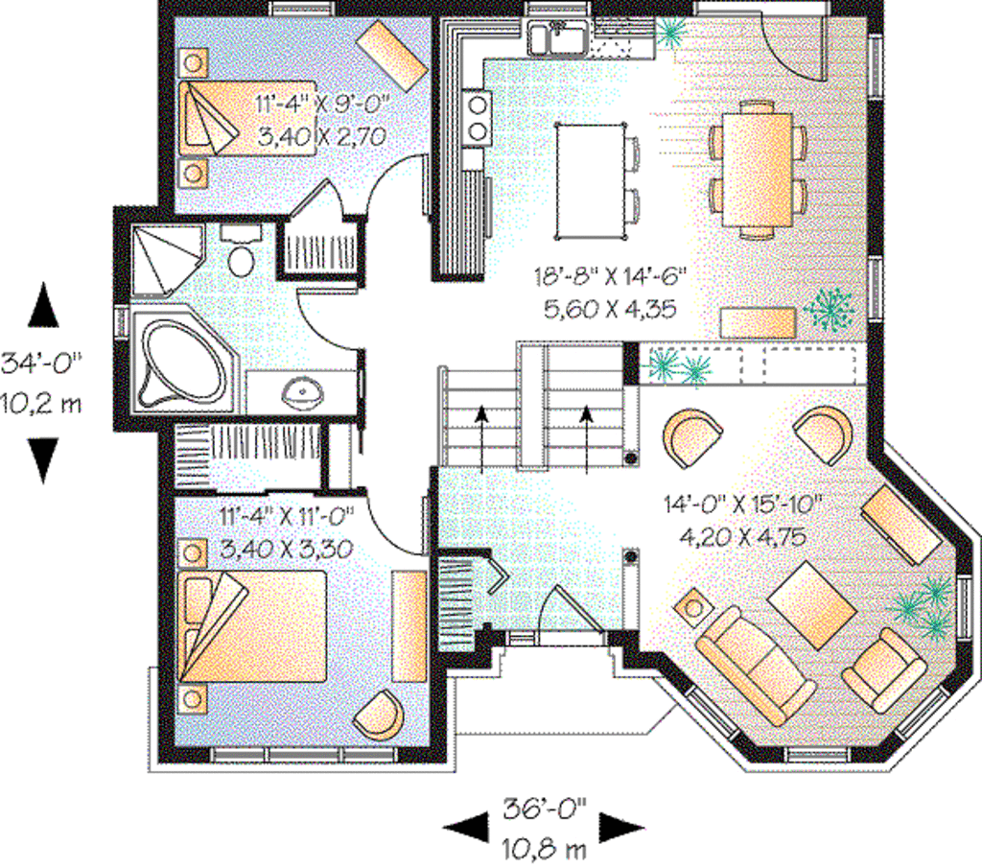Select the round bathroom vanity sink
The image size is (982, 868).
(301, 391)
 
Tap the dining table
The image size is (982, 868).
(758, 168)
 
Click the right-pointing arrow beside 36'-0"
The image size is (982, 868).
(620, 828)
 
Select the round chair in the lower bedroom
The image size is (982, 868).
(379, 714)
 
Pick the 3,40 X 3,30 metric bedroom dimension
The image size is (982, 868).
(288, 550)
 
